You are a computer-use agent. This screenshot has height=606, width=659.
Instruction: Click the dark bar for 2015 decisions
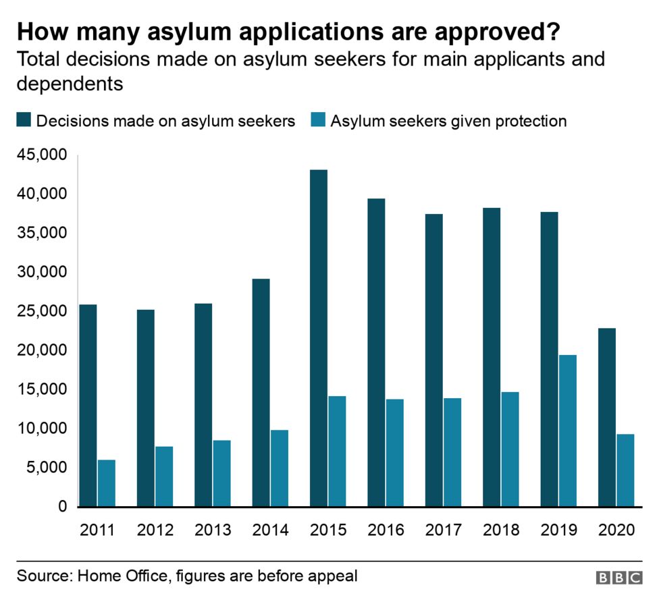319,337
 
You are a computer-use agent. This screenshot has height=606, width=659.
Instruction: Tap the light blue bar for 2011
107,483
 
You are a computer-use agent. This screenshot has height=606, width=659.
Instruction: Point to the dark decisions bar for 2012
145,408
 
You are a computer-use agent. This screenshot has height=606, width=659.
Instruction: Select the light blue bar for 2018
510,449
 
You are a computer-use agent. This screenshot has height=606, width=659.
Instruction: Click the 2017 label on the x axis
443,530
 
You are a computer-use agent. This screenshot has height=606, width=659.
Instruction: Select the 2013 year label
213,530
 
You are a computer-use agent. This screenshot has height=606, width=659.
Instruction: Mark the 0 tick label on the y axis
61,506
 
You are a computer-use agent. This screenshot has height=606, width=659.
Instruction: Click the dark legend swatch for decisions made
24,121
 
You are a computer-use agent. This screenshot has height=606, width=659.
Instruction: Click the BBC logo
619,578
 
